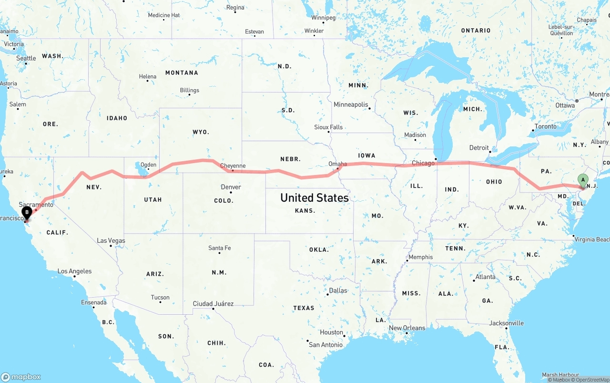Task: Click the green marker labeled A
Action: [x=582, y=180]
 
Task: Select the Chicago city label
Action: [x=423, y=163]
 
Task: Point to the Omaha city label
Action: [x=337, y=164]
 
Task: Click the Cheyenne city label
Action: [x=234, y=166]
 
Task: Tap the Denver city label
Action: [x=231, y=187]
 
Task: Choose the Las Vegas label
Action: [x=111, y=240]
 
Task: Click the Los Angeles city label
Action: [x=74, y=271]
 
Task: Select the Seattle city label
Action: [x=26, y=58]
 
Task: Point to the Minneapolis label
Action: [x=351, y=104]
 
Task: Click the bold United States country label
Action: [x=315, y=197]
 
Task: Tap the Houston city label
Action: [x=331, y=332]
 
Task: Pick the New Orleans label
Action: [x=407, y=328]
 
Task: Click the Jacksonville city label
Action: [x=507, y=323]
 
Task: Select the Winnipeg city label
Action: [x=324, y=18]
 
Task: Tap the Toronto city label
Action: [x=545, y=126]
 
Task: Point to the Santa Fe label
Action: [x=219, y=248]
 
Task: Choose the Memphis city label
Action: [x=420, y=257]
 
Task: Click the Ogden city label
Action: [x=148, y=165]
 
